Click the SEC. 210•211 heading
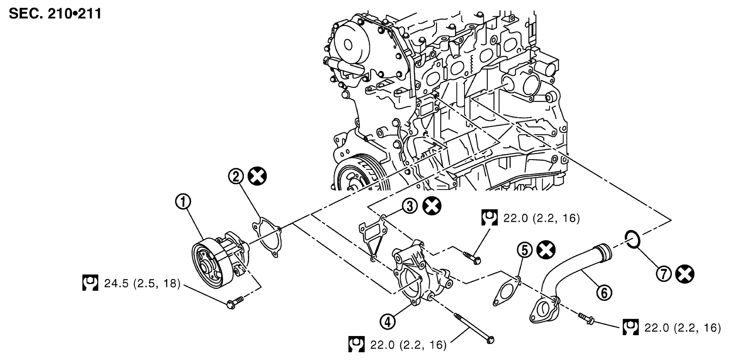coord(55,13)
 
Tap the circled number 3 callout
coord(410,206)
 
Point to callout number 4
coord(387,322)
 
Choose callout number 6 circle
coord(604,292)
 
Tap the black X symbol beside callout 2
coord(257,176)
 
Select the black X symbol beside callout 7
coord(685,274)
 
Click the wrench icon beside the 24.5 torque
coord(90,283)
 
